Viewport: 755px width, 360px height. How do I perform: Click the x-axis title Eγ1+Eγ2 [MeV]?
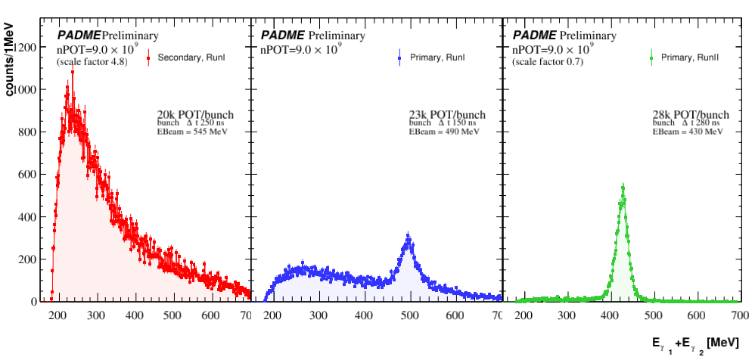pos(687,345)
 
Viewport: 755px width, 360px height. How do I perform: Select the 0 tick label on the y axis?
pos(34,302)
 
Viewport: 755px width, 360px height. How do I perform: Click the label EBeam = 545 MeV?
pos(192,132)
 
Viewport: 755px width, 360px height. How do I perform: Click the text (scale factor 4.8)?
pos(92,62)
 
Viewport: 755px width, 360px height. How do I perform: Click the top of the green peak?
pos(623,186)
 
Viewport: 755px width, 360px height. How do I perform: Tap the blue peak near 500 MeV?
pos(409,237)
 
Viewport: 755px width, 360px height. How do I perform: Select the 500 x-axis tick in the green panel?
pos(654,315)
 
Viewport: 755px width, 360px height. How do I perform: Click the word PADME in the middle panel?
pos(282,36)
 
